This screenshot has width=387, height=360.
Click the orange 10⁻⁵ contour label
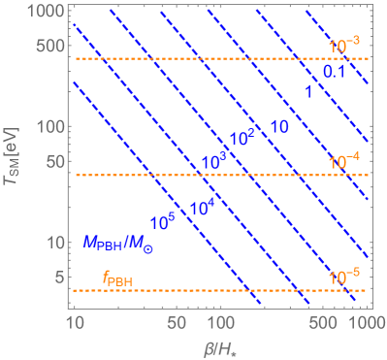[x=344, y=278]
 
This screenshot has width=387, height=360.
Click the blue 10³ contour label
[x=213, y=158]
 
